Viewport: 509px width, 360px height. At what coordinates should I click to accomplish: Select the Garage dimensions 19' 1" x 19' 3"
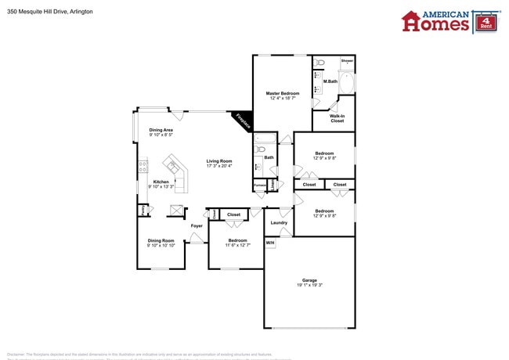coord(309,285)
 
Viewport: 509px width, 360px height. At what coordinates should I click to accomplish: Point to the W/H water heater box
coord(270,243)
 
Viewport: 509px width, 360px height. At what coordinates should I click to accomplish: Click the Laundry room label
coord(279,222)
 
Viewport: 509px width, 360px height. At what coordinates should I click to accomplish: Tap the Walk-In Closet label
coord(337,118)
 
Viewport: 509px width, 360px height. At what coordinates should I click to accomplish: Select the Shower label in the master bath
coord(346,60)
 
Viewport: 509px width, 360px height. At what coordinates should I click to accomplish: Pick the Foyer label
coord(197,225)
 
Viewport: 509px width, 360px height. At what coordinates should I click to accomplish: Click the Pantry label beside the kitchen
coord(143,210)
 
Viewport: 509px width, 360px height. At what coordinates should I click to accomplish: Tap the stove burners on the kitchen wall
coord(142,166)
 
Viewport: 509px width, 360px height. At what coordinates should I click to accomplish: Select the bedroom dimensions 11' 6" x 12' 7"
coord(237,246)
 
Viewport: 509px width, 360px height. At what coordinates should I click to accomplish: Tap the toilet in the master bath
coord(319,63)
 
